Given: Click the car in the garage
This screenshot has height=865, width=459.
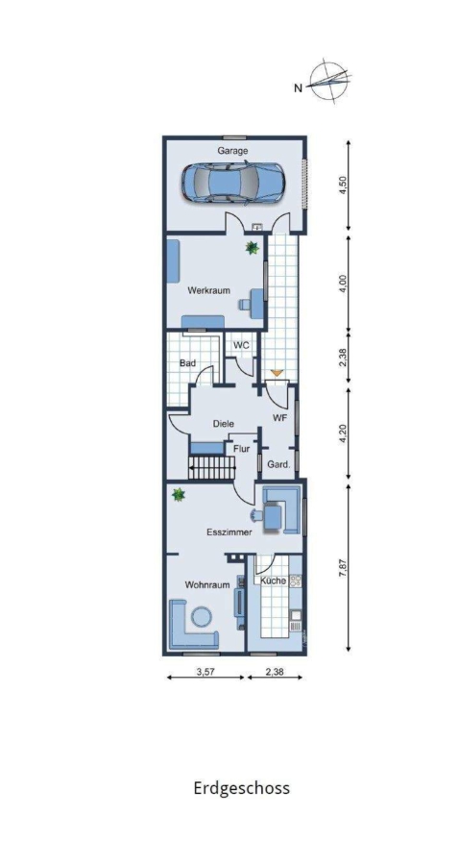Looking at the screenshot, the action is pyautogui.click(x=233, y=183).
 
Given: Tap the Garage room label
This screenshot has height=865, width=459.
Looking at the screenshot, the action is pyautogui.click(x=232, y=150).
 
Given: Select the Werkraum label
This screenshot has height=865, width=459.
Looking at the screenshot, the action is pyautogui.click(x=208, y=290).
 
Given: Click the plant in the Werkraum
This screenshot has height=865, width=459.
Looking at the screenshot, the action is pyautogui.click(x=253, y=248).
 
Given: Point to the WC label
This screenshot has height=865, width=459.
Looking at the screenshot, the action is pyautogui.click(x=241, y=345).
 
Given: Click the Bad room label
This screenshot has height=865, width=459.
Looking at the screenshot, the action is pyautogui.click(x=188, y=363).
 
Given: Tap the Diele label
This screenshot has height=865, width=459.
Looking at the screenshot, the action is pyautogui.click(x=224, y=424).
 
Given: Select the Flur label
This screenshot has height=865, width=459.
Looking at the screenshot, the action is pyautogui.click(x=242, y=449).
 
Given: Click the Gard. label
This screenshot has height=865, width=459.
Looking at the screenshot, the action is pyautogui.click(x=278, y=465).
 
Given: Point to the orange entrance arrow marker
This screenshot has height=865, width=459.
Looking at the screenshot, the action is pyautogui.click(x=278, y=375).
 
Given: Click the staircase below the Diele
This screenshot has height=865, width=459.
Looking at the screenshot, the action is pyautogui.click(x=212, y=467).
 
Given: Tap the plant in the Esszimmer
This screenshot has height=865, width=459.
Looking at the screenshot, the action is pyautogui.click(x=179, y=494).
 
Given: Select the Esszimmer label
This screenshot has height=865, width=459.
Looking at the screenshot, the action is pyautogui.click(x=229, y=532).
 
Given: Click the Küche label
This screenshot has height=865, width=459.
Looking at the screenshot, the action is pyautogui.click(x=274, y=581).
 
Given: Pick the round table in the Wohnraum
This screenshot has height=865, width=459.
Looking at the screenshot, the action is pyautogui.click(x=202, y=616).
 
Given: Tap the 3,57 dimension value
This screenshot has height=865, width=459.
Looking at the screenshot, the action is pyautogui.click(x=205, y=673).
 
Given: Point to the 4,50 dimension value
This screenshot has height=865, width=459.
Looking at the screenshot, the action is pyautogui.click(x=344, y=185).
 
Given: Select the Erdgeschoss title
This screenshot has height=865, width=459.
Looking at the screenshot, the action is pyautogui.click(x=241, y=788).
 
